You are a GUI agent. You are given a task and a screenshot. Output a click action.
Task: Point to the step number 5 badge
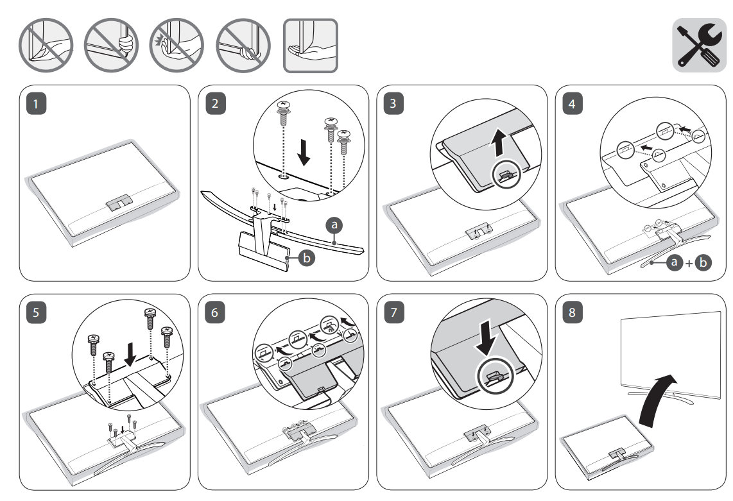click(x=39, y=314)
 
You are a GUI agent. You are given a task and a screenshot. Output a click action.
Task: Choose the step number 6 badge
click(x=217, y=314)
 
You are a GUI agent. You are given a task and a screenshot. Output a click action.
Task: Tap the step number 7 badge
click(x=395, y=314)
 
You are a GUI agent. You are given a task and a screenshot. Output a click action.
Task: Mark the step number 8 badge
click(x=574, y=314)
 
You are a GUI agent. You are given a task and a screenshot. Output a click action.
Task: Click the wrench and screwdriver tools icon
click(x=698, y=45)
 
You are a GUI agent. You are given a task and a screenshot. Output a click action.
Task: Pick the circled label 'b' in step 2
click(x=307, y=259)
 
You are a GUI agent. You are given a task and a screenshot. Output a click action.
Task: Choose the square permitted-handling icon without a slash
click(x=311, y=45)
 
